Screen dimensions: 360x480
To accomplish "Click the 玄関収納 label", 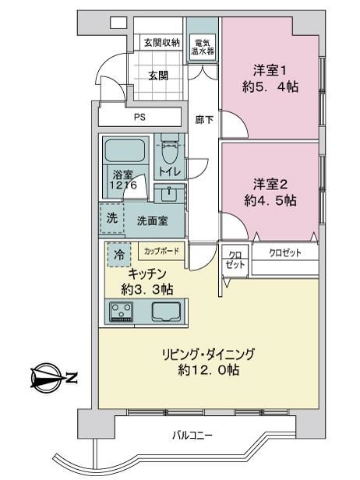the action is tap(161, 43).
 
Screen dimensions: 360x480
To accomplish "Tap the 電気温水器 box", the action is tap(203, 48).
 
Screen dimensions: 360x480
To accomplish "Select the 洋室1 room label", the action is tap(270, 71).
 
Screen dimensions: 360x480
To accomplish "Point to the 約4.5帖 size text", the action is tap(270, 200).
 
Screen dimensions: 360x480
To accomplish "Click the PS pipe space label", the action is tap(139, 117).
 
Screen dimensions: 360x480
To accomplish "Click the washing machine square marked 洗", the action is tap(111, 218).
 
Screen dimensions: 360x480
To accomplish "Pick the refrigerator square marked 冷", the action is tap(119, 254).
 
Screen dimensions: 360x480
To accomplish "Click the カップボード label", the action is tap(161, 252).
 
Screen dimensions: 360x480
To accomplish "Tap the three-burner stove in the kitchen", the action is tap(122, 312).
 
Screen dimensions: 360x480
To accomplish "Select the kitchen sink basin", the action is tap(166, 312).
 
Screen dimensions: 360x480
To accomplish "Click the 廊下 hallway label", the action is tap(204, 119).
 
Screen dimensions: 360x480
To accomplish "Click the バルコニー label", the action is tap(192, 435).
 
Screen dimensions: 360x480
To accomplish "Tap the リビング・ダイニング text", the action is tap(208, 355).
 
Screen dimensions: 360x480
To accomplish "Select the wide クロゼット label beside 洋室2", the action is tap(285, 252).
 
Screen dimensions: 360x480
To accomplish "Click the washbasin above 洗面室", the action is tap(169, 194).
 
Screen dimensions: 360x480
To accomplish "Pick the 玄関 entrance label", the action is tap(158, 76).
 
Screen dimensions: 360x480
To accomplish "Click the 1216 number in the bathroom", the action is tap(123, 185).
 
